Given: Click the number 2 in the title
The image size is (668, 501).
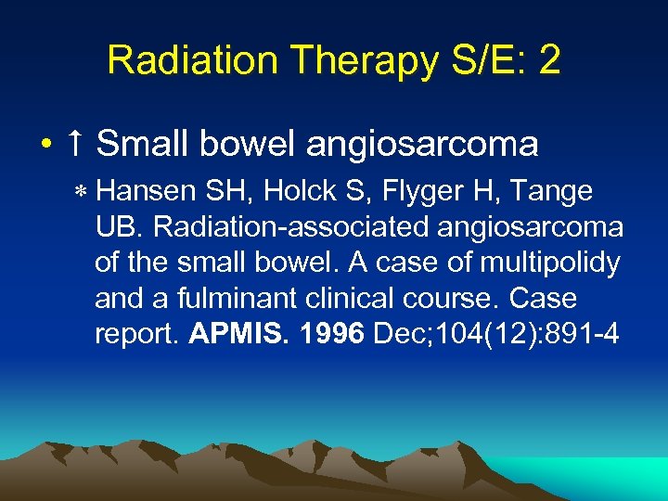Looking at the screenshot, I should click(549, 60).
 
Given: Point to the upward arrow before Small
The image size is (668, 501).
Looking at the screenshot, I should click(75, 144).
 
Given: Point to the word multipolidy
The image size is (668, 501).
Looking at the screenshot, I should click(549, 263).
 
